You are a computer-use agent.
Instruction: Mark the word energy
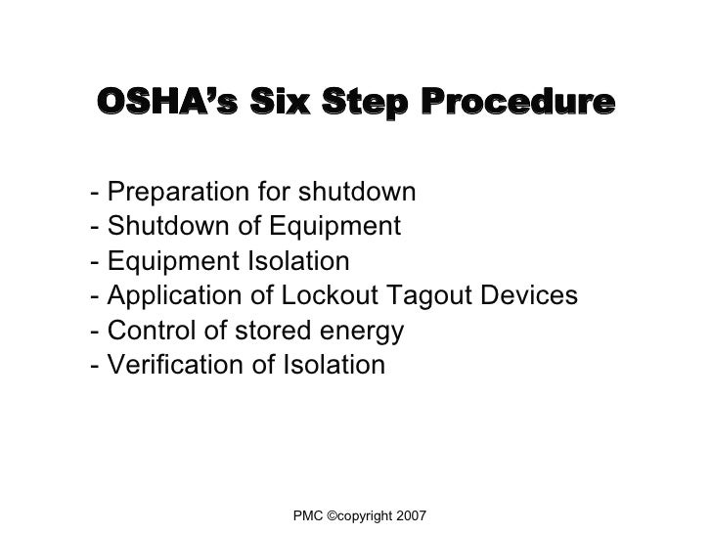365,334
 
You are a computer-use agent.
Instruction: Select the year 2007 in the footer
410,514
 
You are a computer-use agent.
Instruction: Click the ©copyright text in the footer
360,514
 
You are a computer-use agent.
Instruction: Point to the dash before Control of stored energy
93,334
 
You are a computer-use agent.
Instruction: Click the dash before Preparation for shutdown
93,192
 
